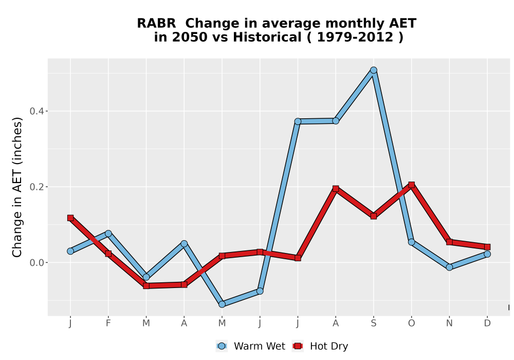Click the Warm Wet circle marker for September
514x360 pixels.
click(x=373, y=70)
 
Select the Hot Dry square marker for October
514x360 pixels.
click(x=411, y=185)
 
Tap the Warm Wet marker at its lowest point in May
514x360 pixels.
click(x=222, y=304)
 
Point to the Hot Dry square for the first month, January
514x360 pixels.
click(x=70, y=218)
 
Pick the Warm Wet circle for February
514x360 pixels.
click(x=108, y=233)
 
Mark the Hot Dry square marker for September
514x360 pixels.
click(x=373, y=216)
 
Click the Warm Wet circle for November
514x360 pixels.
click(x=449, y=267)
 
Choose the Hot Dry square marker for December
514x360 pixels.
click(x=487, y=247)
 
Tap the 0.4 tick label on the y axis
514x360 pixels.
click(x=36, y=111)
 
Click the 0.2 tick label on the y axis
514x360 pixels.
click(x=36, y=187)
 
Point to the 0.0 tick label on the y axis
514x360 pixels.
click(x=36, y=263)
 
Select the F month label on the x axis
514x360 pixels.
click(x=108, y=323)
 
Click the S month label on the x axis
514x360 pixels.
click(x=373, y=323)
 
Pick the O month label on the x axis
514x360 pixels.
click(x=411, y=323)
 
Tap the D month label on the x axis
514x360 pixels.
click(x=487, y=323)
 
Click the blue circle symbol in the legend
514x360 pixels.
click(x=222, y=346)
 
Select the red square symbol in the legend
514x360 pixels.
click(x=298, y=346)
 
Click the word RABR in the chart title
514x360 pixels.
click(x=156, y=24)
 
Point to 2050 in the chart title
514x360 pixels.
click(x=190, y=38)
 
